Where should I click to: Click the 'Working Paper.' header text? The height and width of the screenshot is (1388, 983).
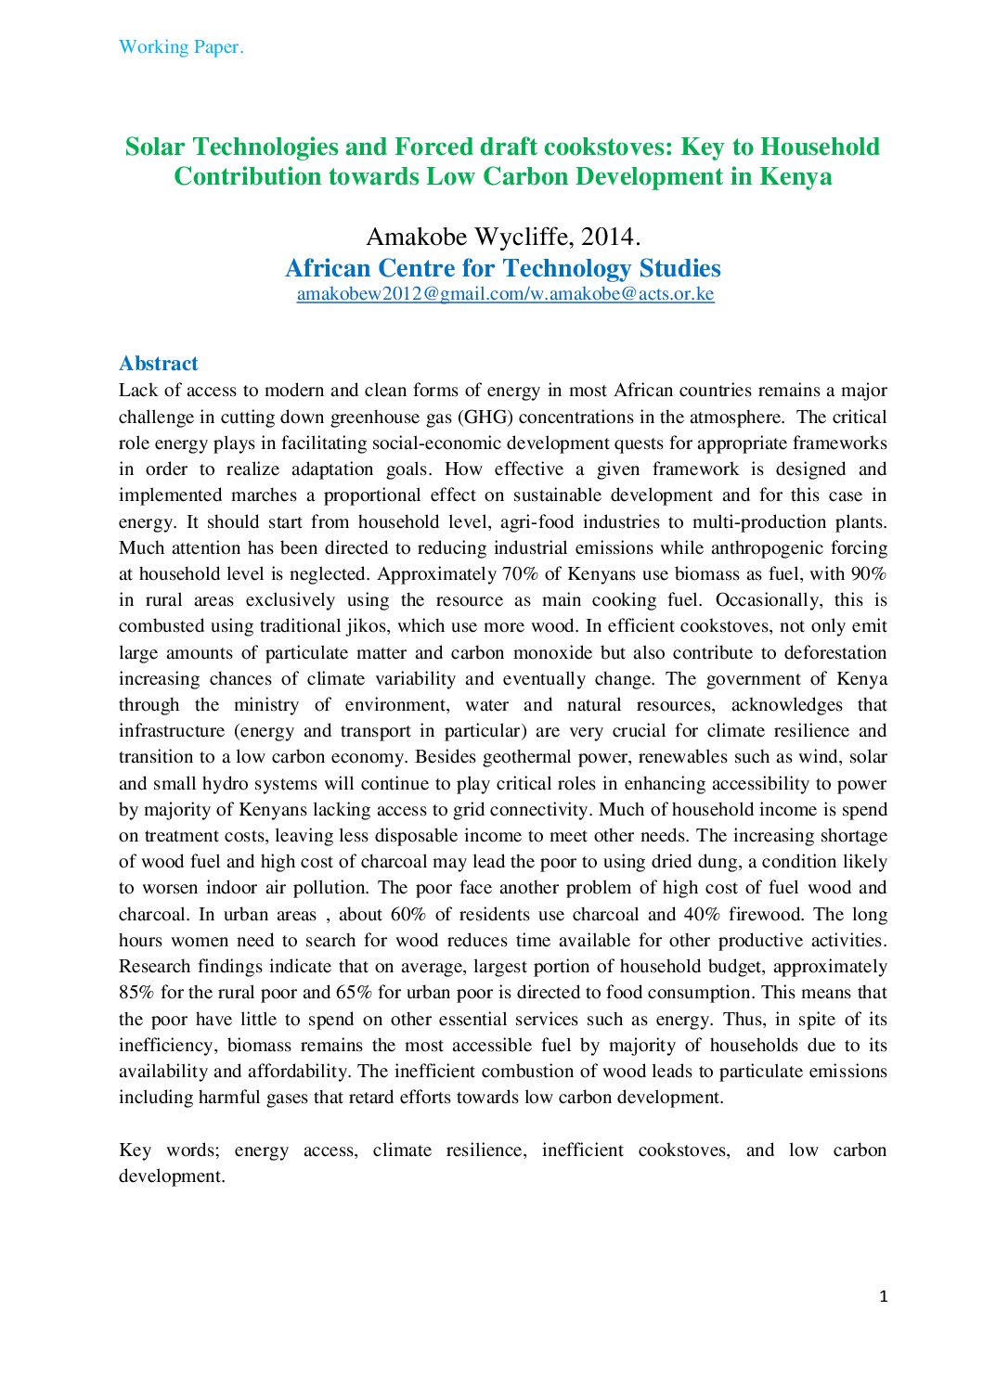tap(181, 47)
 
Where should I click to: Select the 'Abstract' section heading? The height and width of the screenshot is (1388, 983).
tap(159, 364)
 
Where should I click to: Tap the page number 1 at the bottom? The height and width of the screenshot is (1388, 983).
tap(884, 1296)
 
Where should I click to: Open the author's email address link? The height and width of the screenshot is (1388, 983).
tap(505, 294)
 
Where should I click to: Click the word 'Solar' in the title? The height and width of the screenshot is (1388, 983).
tap(155, 147)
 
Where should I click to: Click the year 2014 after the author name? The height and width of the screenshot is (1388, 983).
tap(610, 238)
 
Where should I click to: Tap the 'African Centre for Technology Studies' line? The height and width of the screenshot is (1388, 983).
tap(503, 268)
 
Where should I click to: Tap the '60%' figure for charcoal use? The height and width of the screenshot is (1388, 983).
tap(408, 914)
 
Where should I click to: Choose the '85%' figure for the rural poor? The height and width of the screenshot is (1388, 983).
tap(137, 993)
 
